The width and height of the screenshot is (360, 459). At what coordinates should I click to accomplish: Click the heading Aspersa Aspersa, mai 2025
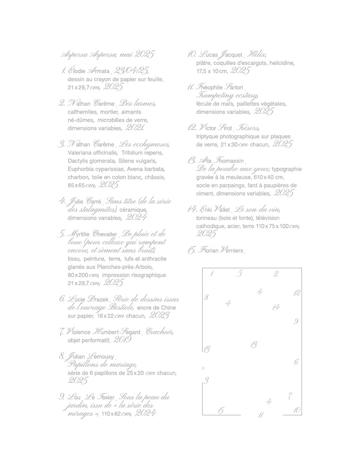coord(108,54)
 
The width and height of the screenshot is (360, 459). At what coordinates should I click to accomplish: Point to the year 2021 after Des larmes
coord(135,127)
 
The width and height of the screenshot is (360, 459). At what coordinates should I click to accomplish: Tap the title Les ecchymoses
coord(144,144)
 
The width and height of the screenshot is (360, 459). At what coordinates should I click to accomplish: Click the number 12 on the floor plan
coord(297,293)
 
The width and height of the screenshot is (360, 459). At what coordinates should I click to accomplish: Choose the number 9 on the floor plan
coord(296,321)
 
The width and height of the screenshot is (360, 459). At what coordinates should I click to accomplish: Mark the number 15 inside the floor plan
coord(220,410)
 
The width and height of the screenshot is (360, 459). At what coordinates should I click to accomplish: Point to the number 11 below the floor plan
coord(261,415)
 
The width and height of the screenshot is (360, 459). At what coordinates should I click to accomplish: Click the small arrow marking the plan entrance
coord(203,368)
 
